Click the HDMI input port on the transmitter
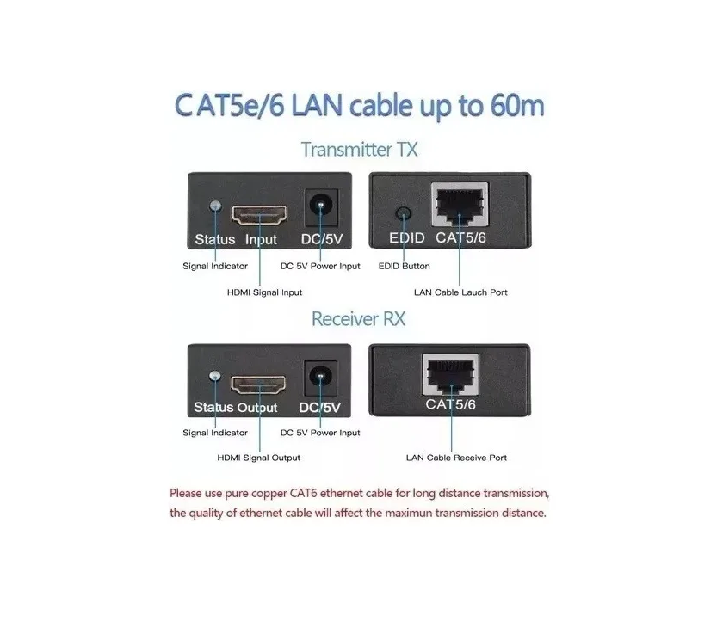point(259,216)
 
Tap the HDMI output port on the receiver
point(258,385)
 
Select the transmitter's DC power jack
point(321,207)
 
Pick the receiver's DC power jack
point(320,378)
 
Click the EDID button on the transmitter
point(404,214)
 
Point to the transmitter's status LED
point(215,206)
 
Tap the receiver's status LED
point(214,376)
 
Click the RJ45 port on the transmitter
point(460,204)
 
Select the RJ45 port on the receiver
point(451,374)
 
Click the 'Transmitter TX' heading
point(359,150)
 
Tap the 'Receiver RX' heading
point(358,319)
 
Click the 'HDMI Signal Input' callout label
point(265,292)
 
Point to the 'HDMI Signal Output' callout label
point(259,458)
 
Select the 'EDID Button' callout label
point(404,266)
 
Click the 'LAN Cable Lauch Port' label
point(460,292)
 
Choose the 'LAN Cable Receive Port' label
point(456,458)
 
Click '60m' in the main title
point(517,106)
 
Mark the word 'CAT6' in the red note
point(303,494)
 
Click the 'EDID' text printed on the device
point(406,237)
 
